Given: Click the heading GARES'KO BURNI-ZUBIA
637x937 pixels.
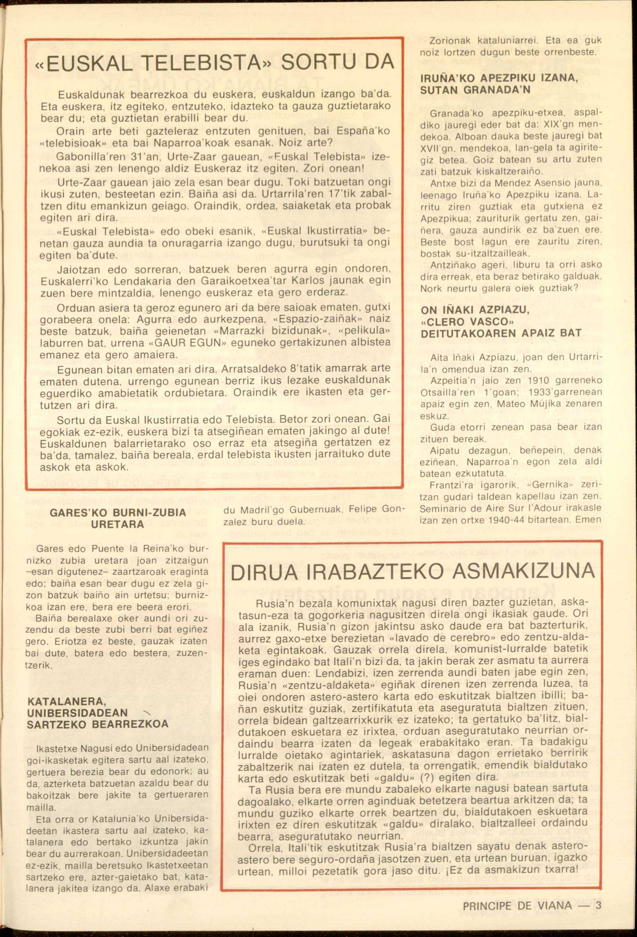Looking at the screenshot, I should [x=118, y=512].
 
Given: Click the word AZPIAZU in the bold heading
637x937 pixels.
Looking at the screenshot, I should [x=504, y=310].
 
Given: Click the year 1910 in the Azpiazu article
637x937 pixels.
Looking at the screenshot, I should [x=538, y=380].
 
